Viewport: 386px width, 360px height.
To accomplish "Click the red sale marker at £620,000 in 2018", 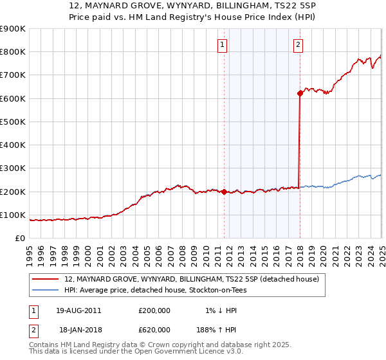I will coord(300,94).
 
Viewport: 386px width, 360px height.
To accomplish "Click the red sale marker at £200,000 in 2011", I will coord(224,192).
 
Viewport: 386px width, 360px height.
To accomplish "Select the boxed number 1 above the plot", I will coord(222,44).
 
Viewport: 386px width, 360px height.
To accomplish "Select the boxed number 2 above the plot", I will coord(299,44).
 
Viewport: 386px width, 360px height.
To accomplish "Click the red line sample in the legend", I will coord(46,280).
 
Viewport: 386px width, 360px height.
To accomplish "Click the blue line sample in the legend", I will coord(46,290).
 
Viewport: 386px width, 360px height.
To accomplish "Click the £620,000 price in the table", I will coord(154,329).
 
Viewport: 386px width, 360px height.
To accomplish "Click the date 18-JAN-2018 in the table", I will coord(78,329).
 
